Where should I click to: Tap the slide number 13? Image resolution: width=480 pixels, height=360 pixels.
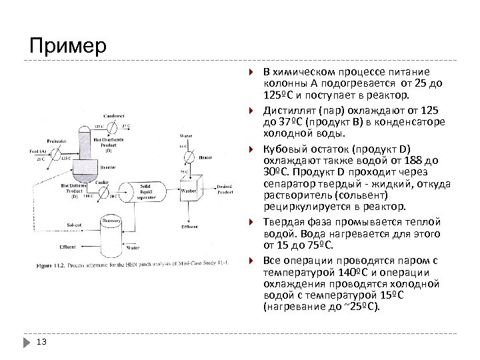[x=41, y=342]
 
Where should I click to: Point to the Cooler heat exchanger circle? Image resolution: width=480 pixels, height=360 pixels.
[x=104, y=192]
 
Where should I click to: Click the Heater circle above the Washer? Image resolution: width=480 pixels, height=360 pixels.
[x=189, y=155]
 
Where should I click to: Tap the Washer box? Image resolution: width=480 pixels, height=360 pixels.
[x=191, y=191]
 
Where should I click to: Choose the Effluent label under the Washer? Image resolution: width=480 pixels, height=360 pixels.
[x=189, y=227]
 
